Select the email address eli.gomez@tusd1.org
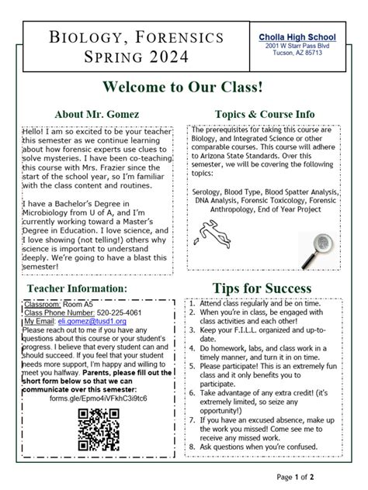(x=92, y=320)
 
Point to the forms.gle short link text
(x=97, y=398)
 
